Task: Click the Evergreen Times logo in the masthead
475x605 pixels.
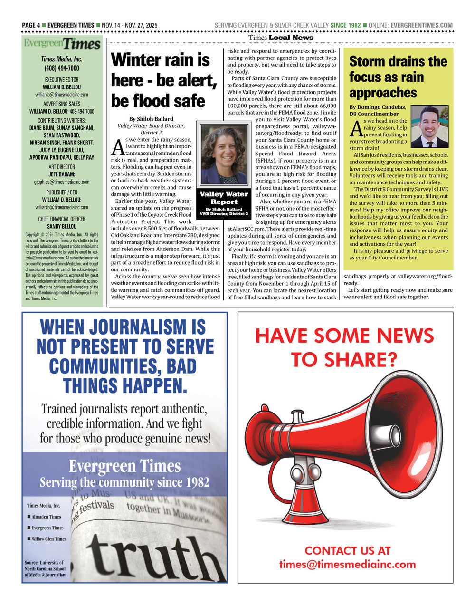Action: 62,44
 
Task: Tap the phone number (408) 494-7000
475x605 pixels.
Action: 62,68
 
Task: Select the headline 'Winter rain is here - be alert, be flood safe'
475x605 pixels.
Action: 163,80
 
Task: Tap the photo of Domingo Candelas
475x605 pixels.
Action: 429,126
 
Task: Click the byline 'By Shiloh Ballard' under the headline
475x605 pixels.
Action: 151,119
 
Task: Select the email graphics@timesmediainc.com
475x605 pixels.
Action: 62,182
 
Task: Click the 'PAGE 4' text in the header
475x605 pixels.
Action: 31,25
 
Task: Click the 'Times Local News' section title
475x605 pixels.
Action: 281,38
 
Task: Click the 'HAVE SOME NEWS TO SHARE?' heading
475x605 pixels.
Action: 345,347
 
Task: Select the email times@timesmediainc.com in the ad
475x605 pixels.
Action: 347,564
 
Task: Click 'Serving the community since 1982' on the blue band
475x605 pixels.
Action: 124,482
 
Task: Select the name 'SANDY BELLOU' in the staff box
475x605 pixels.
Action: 62,227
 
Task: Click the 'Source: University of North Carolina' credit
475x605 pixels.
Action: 46,568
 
